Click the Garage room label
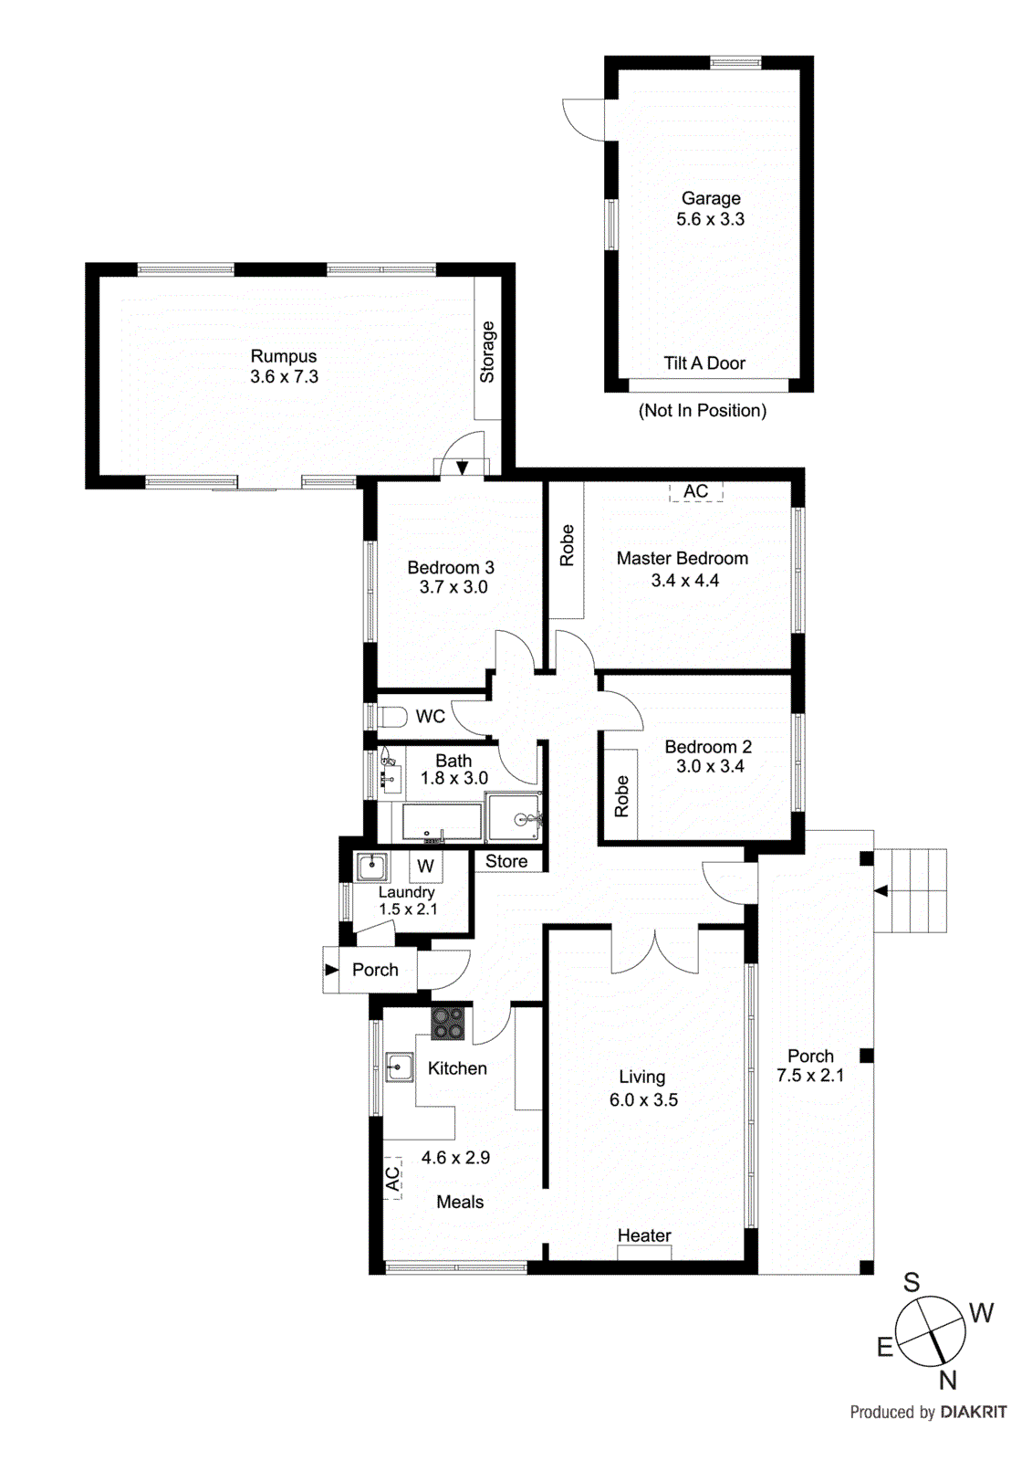pos(710,198)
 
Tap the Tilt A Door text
pos(704,363)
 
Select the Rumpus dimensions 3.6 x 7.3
pos(284,377)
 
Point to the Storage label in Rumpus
pos(487,352)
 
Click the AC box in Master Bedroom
pos(695,491)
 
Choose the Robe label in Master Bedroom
pos(567,545)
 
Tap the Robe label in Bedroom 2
pos(621,795)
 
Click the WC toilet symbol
pos(392,716)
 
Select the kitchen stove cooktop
pos(447,1023)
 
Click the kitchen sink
pos(398,1067)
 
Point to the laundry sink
pos(371,866)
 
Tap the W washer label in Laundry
pos(425,867)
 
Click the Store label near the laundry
pos(506,861)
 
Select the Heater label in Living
pos(644,1235)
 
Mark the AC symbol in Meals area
pos(392,1179)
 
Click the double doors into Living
pos(654,950)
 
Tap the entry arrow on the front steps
pos(881,890)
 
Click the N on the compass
pos(947,1381)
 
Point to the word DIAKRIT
pos(974,1413)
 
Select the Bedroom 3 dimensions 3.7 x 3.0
pos(453,587)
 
